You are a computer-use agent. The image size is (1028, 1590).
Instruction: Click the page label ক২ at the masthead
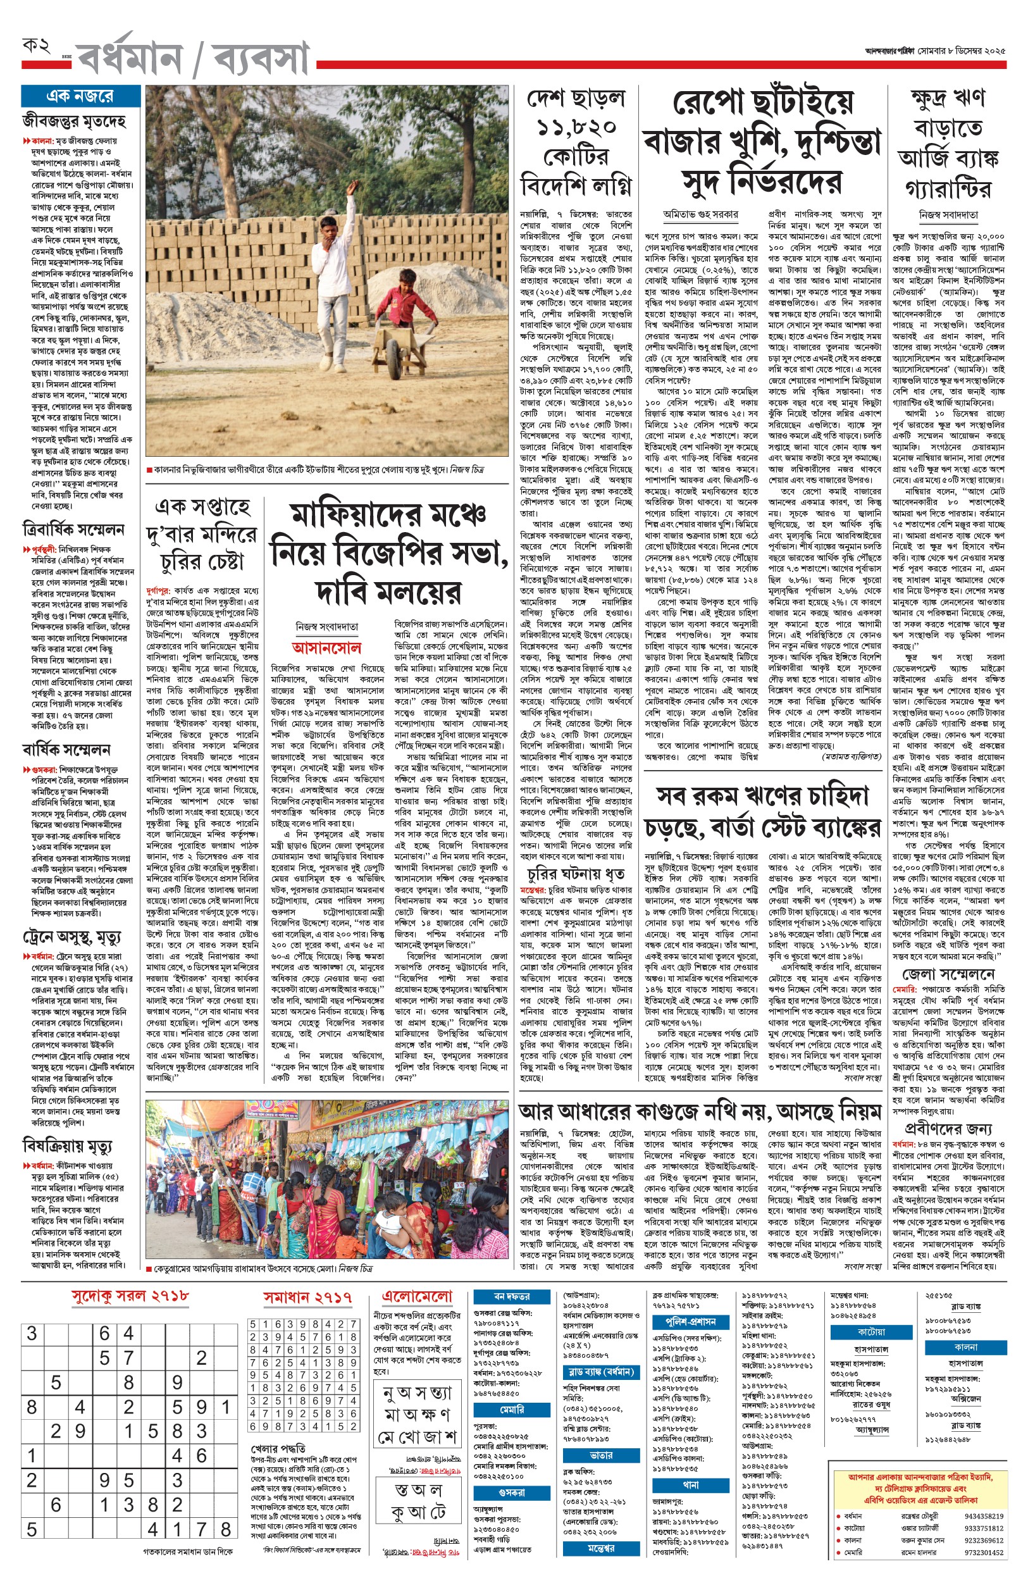tap(36, 46)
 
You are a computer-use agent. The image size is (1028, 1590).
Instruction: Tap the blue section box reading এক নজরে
tap(80, 96)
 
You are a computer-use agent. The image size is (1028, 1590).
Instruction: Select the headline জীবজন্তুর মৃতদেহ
tap(74, 121)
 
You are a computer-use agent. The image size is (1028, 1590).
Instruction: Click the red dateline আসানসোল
tap(326, 647)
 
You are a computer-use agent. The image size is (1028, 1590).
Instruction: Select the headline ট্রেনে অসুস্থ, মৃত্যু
tap(71, 938)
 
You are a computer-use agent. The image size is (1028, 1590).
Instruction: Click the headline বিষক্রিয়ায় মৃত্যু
tap(68, 1146)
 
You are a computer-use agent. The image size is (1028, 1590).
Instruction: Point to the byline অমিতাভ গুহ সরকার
tap(700, 214)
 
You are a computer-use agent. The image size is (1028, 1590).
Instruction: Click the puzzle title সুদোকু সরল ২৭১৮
tap(131, 1296)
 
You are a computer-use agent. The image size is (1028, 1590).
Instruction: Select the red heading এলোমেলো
tap(416, 1296)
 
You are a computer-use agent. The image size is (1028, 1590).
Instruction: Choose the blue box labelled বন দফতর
tap(512, 1296)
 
